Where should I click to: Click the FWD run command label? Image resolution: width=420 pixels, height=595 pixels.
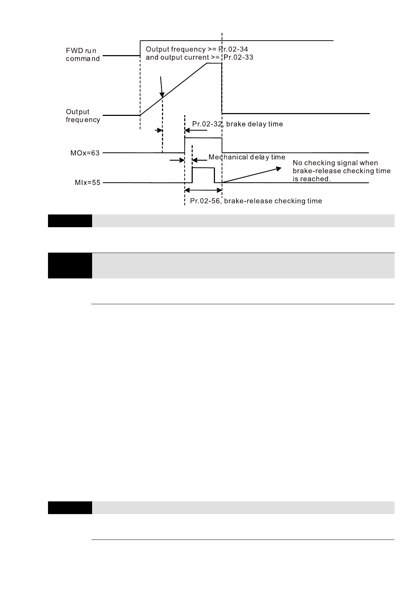point(83,55)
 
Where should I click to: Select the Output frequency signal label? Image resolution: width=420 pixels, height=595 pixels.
point(83,116)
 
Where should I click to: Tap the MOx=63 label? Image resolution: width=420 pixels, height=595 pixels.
point(85,153)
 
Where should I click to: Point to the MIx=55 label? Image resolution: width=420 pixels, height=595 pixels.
point(88,183)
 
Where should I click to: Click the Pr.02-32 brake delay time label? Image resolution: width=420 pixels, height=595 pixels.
point(237,124)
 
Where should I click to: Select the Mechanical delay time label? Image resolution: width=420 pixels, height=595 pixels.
point(247,157)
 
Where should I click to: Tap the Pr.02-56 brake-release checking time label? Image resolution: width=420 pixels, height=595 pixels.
point(256,201)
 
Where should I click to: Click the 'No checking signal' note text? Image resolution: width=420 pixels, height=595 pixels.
point(341,171)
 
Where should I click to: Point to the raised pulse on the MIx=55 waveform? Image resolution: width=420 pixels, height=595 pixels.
point(203,169)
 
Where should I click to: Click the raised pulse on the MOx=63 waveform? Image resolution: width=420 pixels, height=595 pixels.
point(203,138)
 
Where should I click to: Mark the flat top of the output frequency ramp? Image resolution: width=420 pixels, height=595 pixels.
point(214,63)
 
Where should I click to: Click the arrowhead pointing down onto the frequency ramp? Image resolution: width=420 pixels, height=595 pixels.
point(162,95)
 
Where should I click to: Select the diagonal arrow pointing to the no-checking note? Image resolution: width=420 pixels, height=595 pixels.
point(251,175)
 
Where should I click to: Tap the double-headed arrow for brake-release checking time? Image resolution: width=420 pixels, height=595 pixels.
point(203,190)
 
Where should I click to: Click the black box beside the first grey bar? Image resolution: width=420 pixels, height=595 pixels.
point(70,221)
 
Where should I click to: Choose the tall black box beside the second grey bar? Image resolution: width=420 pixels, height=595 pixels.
point(70,265)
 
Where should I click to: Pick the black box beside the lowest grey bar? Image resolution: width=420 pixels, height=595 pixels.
point(70,508)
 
